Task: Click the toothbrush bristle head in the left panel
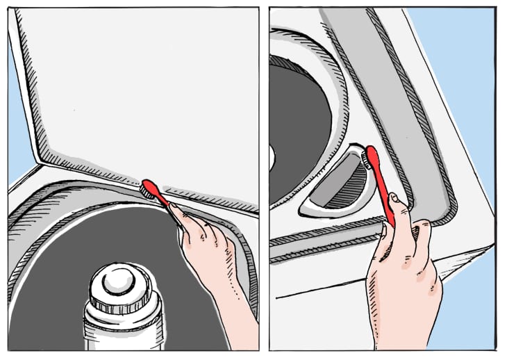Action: coord(147,187)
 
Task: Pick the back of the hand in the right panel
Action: coord(399,278)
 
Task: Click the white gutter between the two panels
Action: coord(264,181)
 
